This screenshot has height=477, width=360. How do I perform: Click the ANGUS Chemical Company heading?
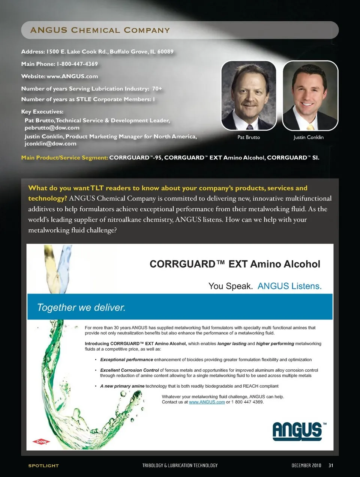point(100,30)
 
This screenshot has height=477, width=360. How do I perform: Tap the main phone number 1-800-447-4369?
point(77,64)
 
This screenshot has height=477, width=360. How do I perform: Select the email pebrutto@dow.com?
point(52,128)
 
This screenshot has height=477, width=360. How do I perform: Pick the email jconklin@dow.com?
point(50,144)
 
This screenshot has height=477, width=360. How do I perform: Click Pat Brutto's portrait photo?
point(249,95)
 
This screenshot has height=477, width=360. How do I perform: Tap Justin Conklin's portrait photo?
point(310,95)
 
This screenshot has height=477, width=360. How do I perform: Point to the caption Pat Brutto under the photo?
point(249,137)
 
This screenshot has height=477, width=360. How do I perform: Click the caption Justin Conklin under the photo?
point(308,137)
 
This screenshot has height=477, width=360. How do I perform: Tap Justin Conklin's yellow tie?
point(310,124)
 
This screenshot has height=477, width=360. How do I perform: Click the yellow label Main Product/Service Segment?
point(64,158)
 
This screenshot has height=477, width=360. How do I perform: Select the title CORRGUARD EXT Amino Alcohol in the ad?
point(235,264)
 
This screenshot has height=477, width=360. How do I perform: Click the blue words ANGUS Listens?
point(289,286)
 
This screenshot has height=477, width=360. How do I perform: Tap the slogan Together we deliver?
point(81,308)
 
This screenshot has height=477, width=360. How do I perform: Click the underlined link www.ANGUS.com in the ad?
point(207,402)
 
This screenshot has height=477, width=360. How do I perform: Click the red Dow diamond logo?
point(41,442)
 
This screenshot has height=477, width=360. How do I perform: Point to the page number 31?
point(331,465)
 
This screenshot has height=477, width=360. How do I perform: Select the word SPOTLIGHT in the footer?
point(43,466)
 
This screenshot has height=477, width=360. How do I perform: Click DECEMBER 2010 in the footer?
point(306,465)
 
